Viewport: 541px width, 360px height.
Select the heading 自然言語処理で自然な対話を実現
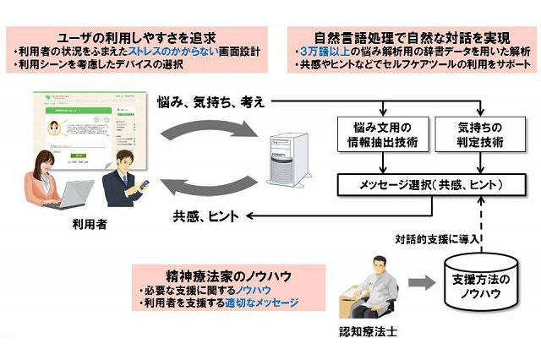click(404, 37)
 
